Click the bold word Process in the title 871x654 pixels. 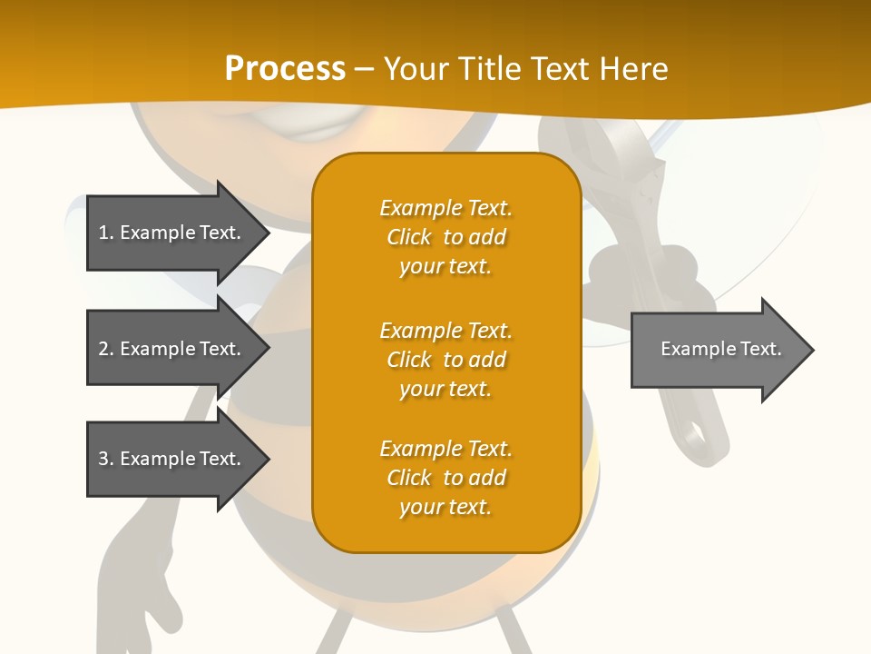(x=285, y=69)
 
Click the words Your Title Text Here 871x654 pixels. (x=525, y=69)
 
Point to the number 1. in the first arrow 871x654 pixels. (x=105, y=233)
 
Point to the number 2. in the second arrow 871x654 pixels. (x=105, y=349)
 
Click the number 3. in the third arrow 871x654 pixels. (x=105, y=459)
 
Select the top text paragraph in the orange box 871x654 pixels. (x=445, y=237)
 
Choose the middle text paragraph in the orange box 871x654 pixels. (x=445, y=360)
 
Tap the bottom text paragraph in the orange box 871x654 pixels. (x=445, y=478)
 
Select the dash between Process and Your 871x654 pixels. (x=364, y=69)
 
